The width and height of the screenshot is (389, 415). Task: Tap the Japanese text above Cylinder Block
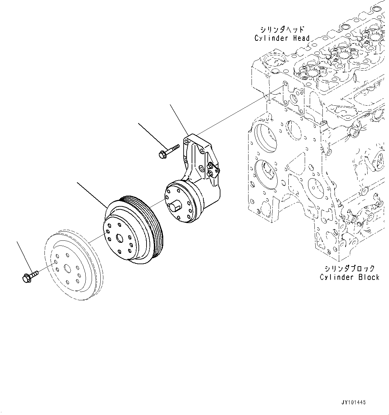coord(349,268)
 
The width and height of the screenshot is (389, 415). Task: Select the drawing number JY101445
coord(354,402)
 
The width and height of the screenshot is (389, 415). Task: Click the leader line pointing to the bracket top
coord(179,119)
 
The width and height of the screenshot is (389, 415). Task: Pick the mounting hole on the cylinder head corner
coord(285,84)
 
